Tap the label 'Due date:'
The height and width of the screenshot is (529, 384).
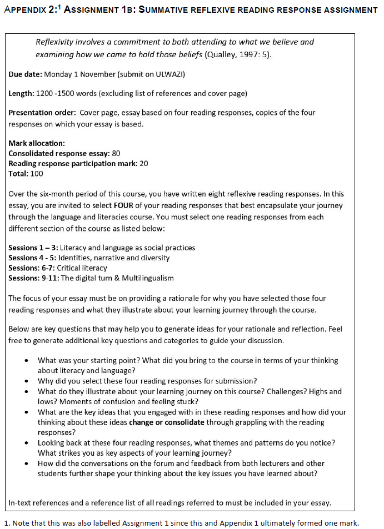25,74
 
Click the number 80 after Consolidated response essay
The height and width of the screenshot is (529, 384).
116,153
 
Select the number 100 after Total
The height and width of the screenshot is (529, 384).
36,173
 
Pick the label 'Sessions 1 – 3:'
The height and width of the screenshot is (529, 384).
33,248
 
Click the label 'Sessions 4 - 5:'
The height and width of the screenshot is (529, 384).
33,258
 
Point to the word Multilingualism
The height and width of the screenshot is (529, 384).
147,278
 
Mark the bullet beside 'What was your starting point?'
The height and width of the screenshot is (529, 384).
27,361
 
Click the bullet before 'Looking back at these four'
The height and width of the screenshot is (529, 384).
27,443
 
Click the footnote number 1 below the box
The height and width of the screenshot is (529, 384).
6,522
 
